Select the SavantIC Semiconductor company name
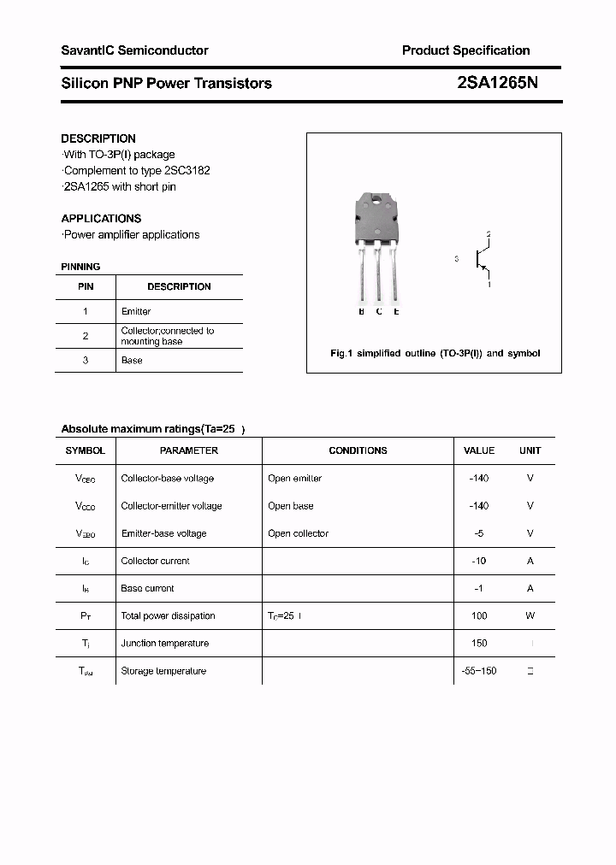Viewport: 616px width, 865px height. click(134, 50)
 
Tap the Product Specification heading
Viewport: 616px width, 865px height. click(465, 50)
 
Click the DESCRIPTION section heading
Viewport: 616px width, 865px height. click(98, 138)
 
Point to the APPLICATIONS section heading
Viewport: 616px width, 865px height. click(101, 219)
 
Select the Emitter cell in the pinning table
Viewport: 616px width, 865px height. click(136, 312)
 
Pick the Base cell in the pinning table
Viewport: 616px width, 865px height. click(132, 361)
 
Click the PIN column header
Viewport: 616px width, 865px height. click(86, 287)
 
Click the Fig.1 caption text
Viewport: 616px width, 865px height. click(435, 353)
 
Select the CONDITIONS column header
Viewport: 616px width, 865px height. click(358, 450)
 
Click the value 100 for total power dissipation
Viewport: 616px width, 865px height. click(479, 616)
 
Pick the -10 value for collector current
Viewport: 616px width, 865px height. click(479, 562)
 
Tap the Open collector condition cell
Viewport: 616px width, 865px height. click(298, 533)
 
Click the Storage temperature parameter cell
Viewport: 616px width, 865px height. click(163, 671)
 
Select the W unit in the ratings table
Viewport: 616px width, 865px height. click(530, 616)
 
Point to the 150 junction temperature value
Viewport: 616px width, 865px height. click(479, 644)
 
